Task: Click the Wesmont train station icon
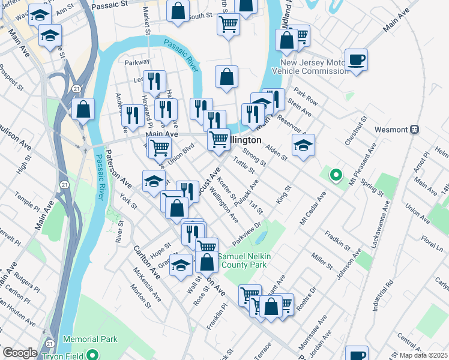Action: point(414,129)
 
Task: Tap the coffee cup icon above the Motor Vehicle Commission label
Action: point(356,60)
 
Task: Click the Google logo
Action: point(20,353)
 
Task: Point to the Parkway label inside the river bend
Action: point(136,62)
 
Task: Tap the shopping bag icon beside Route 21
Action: point(83,110)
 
